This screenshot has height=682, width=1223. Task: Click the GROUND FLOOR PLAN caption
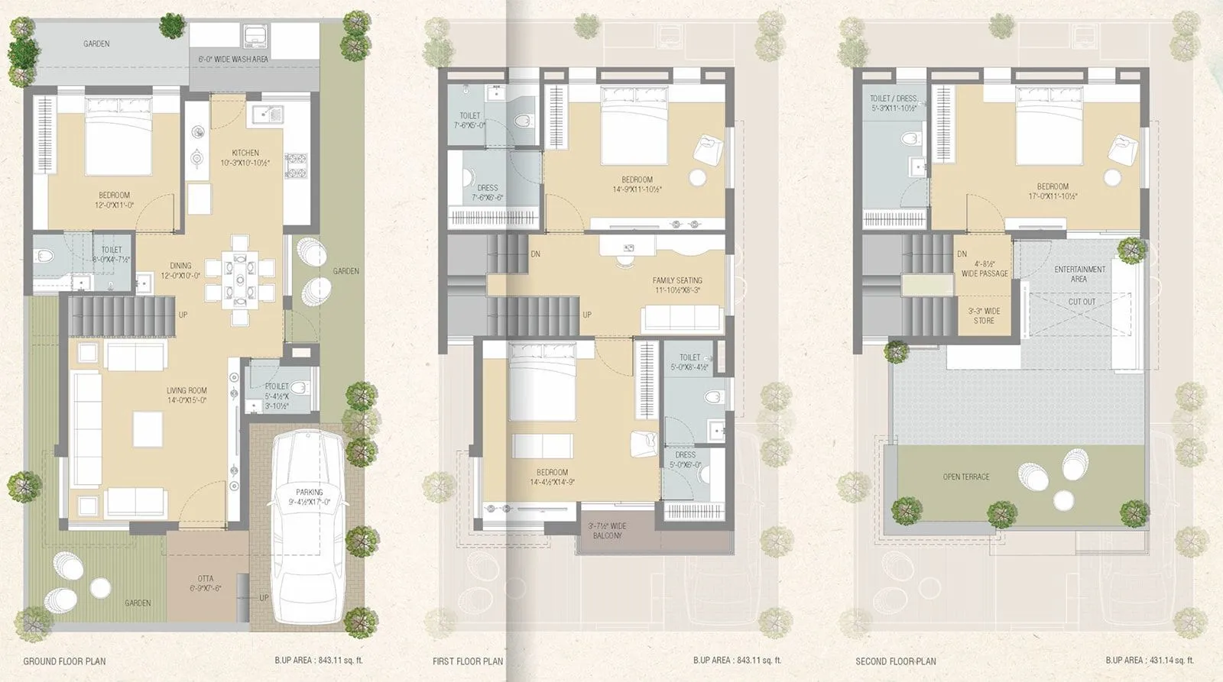click(x=64, y=661)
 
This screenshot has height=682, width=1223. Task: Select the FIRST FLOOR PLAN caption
click(x=468, y=661)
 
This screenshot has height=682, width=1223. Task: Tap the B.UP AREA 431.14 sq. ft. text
click(x=1149, y=661)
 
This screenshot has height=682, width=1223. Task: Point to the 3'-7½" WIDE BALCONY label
click(x=607, y=531)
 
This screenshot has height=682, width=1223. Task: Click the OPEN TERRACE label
click(x=966, y=477)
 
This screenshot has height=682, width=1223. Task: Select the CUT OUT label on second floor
click(x=1082, y=302)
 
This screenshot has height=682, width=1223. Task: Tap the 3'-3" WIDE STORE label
click(x=984, y=315)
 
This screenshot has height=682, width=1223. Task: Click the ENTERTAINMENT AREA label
click(x=1079, y=273)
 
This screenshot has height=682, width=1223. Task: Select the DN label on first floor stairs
click(x=535, y=254)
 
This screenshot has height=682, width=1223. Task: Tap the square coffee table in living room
click(x=148, y=428)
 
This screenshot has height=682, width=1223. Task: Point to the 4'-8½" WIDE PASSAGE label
click(x=984, y=268)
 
